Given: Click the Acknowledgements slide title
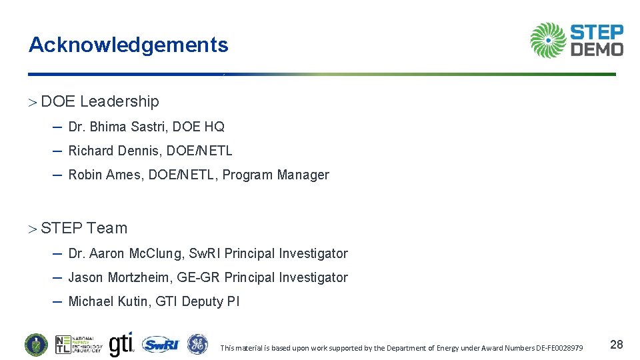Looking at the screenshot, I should click(x=128, y=45).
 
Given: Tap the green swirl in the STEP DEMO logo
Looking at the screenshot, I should click(x=548, y=40).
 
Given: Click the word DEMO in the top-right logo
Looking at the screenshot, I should click(x=597, y=49).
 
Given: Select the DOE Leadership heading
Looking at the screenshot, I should click(x=100, y=101).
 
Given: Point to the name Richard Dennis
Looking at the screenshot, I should click(x=115, y=151).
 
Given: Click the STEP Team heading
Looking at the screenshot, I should click(x=84, y=228).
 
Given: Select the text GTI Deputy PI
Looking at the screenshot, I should click(x=197, y=301).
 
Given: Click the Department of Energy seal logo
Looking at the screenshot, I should click(x=36, y=345).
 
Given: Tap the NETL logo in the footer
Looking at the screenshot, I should click(x=79, y=345).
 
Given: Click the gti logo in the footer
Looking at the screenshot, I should click(x=121, y=344).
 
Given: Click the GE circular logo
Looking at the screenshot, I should click(x=197, y=344).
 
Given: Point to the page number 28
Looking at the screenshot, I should click(x=617, y=345).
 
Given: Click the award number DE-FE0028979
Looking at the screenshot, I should click(x=555, y=348).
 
